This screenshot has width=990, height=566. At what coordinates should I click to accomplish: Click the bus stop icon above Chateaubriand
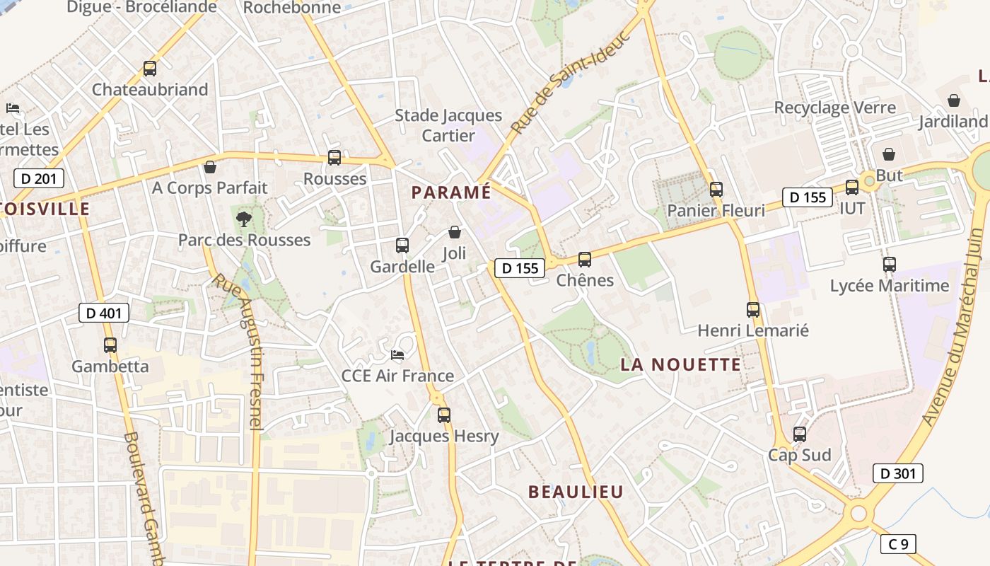(x=149, y=69)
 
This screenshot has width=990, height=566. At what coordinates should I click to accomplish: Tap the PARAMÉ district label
(x=451, y=192)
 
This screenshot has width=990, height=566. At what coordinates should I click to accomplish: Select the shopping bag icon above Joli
(x=455, y=232)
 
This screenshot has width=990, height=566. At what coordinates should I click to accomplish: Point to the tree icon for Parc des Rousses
(x=244, y=219)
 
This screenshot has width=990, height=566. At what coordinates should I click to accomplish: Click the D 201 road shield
(x=38, y=178)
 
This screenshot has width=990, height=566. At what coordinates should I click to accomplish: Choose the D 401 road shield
(x=104, y=313)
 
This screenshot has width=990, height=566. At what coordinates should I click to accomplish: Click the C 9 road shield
(x=898, y=544)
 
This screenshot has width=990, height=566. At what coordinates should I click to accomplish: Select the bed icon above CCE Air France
(x=397, y=354)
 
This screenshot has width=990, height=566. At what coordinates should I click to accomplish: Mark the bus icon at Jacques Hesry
(x=443, y=415)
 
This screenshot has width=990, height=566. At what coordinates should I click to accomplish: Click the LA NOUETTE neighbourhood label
(x=681, y=365)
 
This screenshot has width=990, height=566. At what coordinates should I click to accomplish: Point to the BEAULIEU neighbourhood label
(x=576, y=492)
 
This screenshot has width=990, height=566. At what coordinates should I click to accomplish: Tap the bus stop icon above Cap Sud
(x=800, y=434)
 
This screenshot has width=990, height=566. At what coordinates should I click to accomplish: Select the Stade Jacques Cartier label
(x=448, y=125)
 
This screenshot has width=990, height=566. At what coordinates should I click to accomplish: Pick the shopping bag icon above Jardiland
(x=953, y=100)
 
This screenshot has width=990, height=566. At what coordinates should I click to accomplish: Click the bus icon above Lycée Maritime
(x=890, y=265)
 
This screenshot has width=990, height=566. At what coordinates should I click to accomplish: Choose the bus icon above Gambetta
(x=110, y=345)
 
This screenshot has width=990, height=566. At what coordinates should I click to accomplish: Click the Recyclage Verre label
(x=834, y=108)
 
